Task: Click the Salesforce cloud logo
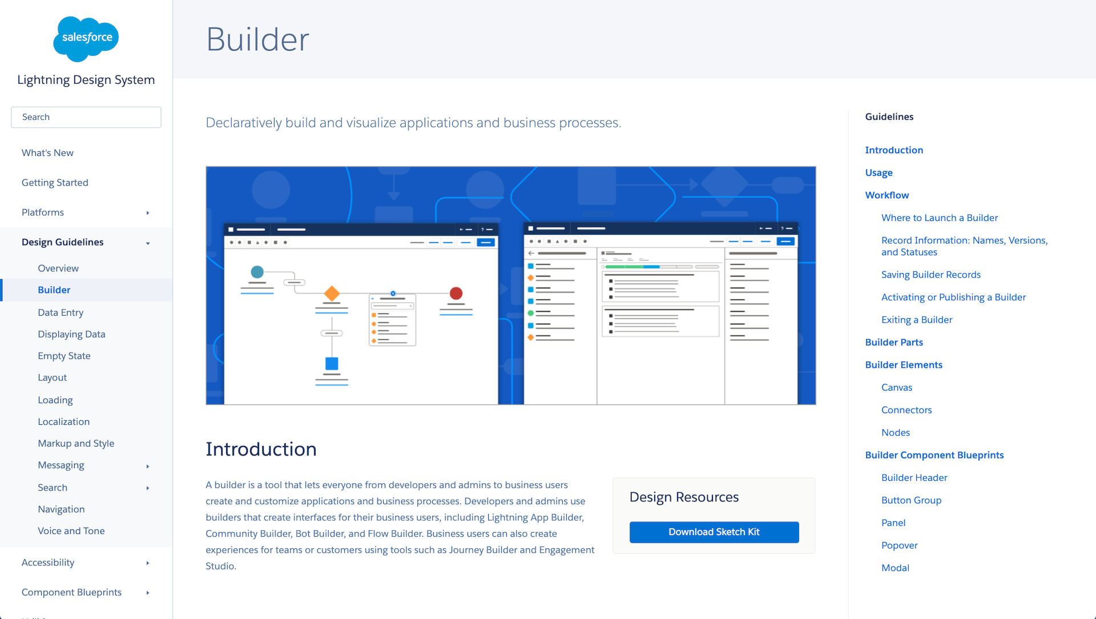(86, 39)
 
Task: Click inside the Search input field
(86, 117)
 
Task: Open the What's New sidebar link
(47, 153)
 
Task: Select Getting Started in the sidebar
(55, 183)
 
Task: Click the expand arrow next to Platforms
(148, 213)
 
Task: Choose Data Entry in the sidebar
(61, 312)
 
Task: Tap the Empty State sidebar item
(64, 356)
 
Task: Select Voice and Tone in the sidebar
(71, 531)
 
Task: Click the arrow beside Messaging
(148, 467)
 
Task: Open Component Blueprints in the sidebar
(71, 592)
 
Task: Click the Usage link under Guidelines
(879, 172)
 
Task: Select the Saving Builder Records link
(930, 275)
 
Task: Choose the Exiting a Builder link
(916, 320)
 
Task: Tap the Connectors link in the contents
(906, 410)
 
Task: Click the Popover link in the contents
(899, 545)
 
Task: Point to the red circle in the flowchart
(456, 294)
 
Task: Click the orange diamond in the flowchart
(332, 294)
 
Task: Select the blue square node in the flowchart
(332, 364)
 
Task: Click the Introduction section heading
(261, 449)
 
